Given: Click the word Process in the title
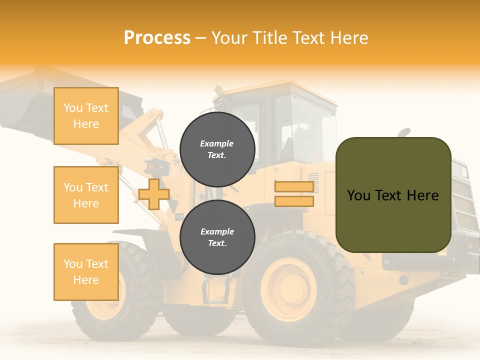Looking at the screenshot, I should [x=157, y=38].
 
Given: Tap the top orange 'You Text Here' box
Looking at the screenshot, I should [x=86, y=116].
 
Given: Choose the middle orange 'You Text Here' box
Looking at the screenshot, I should [x=86, y=195].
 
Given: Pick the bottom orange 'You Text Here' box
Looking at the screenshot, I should [x=86, y=271].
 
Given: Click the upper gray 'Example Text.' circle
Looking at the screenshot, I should [x=217, y=149].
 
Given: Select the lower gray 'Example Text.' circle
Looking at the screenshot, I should [x=217, y=237].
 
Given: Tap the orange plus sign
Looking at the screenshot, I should [x=153, y=194].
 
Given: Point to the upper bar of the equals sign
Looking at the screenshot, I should [x=294, y=187].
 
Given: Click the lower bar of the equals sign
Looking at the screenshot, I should [x=294, y=201].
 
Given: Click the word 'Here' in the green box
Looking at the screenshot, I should [x=422, y=195].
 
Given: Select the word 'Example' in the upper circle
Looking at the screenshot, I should [x=216, y=143].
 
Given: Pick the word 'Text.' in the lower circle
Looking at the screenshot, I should [x=216, y=243].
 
